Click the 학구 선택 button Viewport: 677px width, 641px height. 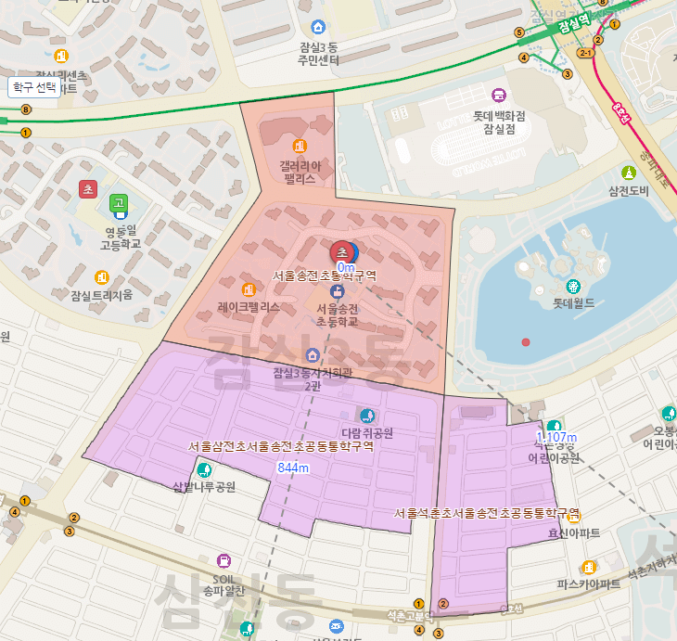34,87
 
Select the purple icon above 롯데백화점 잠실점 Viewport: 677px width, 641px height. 499,96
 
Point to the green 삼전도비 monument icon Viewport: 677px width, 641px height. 628,173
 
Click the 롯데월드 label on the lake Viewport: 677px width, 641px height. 573,302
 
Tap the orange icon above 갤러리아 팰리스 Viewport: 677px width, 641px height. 299,146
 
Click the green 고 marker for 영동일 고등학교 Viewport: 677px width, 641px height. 118,202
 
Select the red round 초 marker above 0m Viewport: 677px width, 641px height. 341,251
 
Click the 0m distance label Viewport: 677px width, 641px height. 346,268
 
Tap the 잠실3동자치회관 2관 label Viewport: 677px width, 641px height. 312,379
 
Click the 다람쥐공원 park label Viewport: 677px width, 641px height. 368,432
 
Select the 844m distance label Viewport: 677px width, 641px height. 293,468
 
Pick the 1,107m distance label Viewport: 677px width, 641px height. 556,438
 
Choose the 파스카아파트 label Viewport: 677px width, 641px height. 588,584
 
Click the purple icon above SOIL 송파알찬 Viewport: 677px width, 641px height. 224,560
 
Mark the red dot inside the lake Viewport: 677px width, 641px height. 526,343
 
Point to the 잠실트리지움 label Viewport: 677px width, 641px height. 102,295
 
